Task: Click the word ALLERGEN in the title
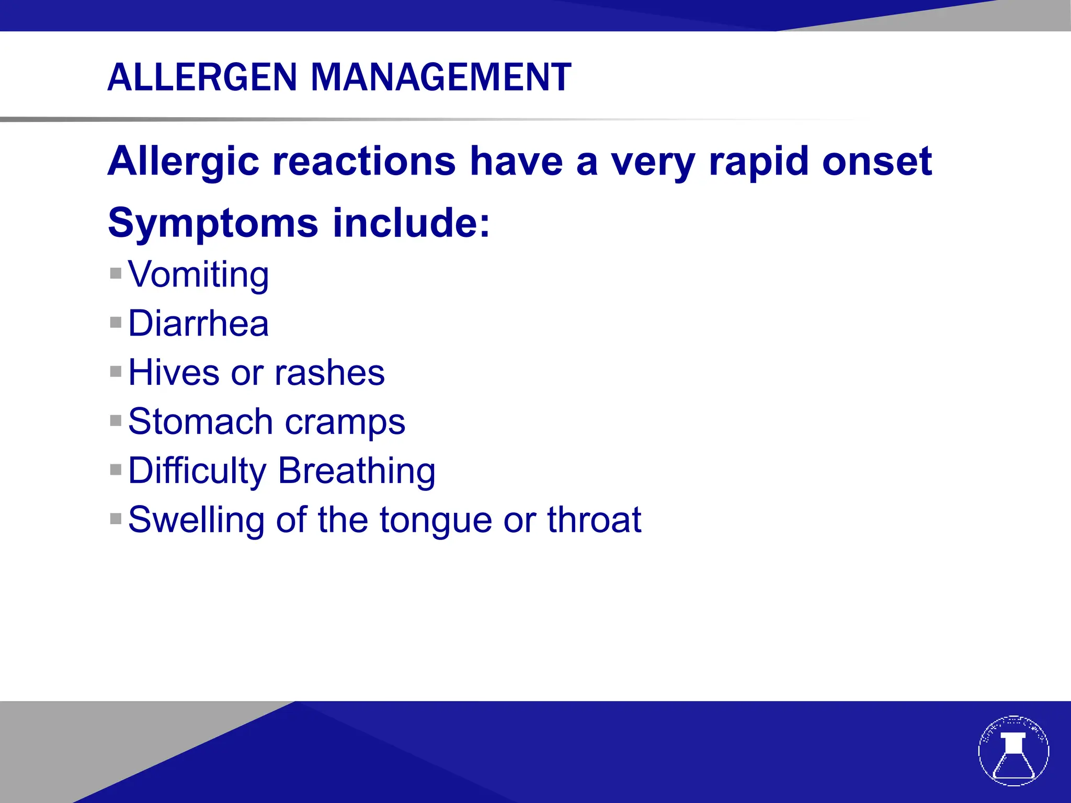point(202,77)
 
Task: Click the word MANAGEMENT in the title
point(441,77)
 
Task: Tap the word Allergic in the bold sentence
point(183,162)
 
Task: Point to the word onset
point(877,162)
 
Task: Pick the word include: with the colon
point(411,223)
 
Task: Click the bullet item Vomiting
point(199,274)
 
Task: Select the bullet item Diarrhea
point(199,323)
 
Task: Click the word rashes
point(329,373)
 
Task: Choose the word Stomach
point(200,421)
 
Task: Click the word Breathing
point(357,471)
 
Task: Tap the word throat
point(594,520)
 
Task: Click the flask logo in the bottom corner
point(1013,751)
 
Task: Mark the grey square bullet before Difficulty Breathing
point(116,469)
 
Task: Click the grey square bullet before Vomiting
point(116,273)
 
